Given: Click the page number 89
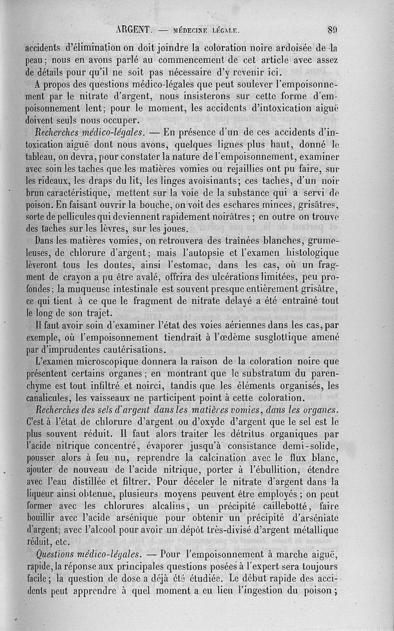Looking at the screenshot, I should point(332,30).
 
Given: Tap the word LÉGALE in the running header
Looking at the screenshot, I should point(225,30).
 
